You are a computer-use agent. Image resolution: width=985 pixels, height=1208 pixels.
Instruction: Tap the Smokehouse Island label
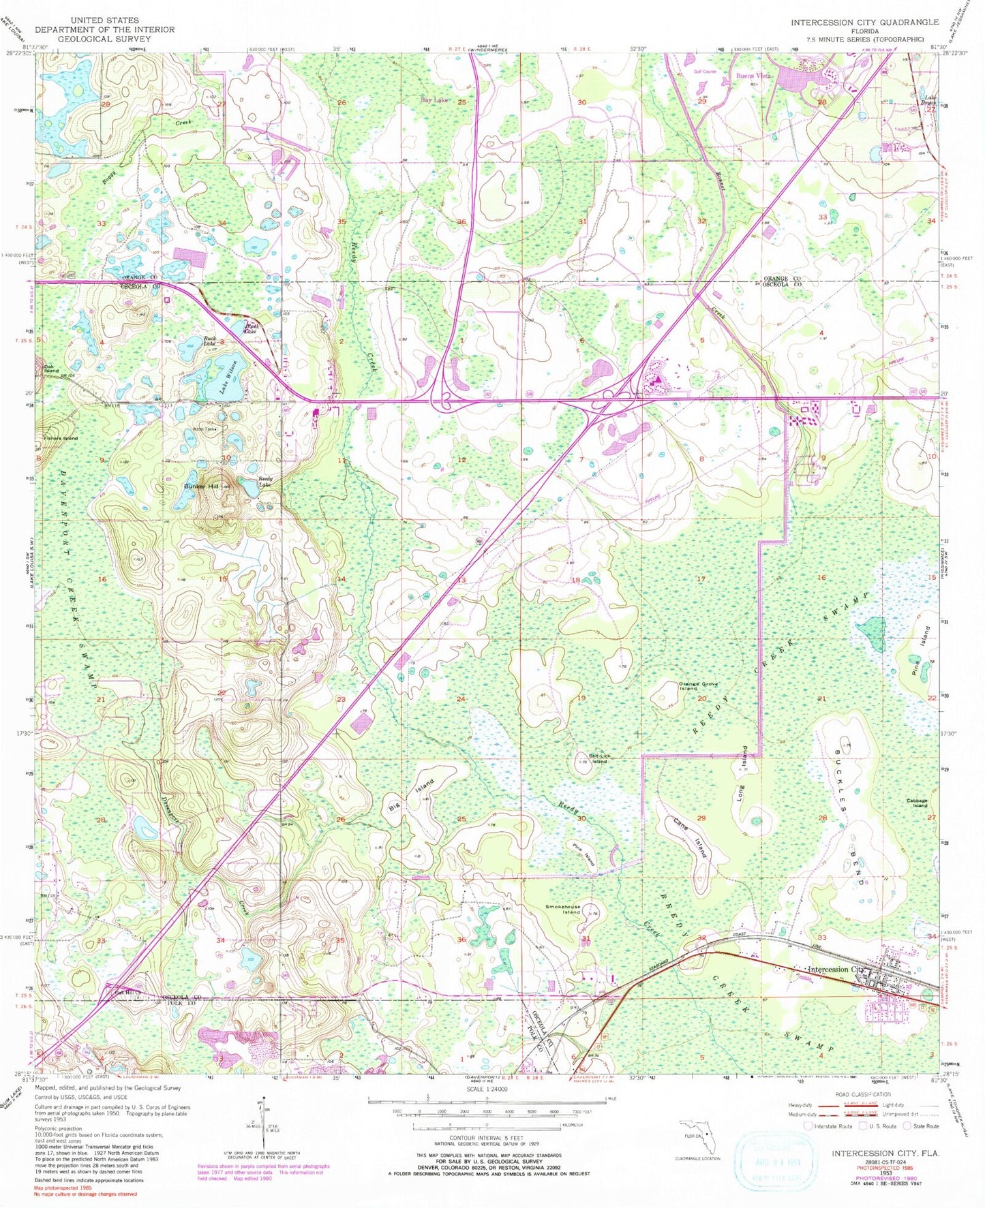[x=563, y=909]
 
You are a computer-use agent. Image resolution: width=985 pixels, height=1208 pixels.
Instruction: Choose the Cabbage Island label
[x=917, y=803]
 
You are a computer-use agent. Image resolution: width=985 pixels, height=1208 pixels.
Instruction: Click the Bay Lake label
[x=434, y=100]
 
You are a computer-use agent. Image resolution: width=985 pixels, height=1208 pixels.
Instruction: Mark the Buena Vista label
[x=754, y=76]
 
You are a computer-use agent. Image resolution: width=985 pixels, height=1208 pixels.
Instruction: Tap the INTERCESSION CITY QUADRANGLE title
[x=864, y=22]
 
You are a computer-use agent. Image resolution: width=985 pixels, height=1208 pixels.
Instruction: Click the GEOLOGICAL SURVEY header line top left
[x=104, y=39]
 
